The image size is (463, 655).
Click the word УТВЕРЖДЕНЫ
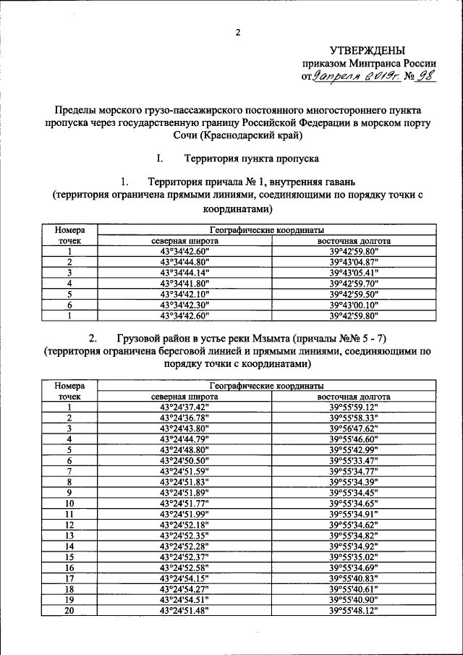pyautogui.click(x=368, y=50)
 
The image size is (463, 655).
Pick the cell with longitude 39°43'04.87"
pyautogui.click(x=354, y=262)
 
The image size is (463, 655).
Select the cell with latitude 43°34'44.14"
pyautogui.click(x=184, y=273)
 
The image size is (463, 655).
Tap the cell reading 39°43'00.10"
pyautogui.click(x=354, y=305)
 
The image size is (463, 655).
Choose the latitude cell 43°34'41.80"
pyautogui.click(x=184, y=284)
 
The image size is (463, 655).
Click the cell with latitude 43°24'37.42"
pyautogui.click(x=184, y=407)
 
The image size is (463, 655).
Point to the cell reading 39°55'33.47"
pyautogui.click(x=354, y=460)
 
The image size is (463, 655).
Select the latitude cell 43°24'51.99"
pyautogui.click(x=184, y=513)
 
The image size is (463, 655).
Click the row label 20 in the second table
pyautogui.click(x=69, y=610)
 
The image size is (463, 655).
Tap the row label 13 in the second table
pyautogui.click(x=69, y=535)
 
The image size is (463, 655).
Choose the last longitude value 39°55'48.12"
pyautogui.click(x=354, y=610)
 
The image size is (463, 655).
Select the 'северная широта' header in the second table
pyautogui.click(x=184, y=397)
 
